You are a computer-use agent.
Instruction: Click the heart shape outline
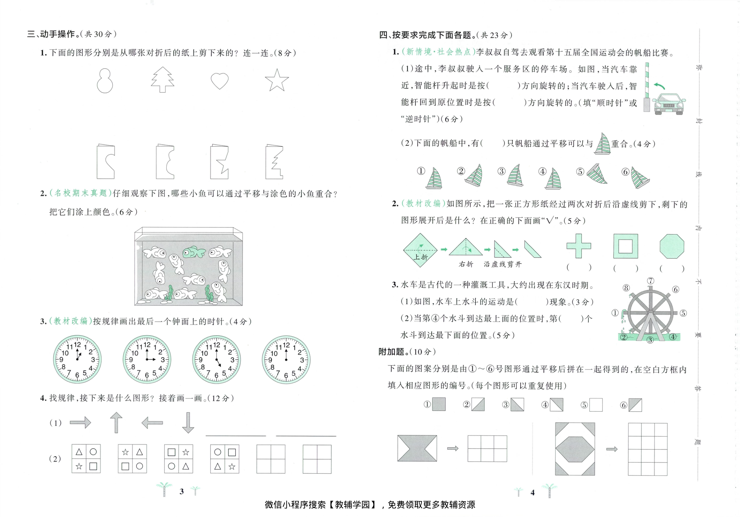point(219,81)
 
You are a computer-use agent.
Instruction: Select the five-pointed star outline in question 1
point(276,81)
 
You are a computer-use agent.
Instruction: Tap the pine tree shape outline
point(163,80)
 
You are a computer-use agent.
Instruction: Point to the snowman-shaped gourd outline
point(105,81)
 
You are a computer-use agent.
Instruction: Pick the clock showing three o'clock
point(147,359)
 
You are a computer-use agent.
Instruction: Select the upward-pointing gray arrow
point(116,422)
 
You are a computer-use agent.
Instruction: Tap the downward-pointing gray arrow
point(188,422)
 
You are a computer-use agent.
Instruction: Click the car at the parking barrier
point(668,104)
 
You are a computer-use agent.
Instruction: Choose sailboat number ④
point(553,179)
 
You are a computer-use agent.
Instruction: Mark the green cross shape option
point(578,246)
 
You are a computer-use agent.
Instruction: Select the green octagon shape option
point(672,246)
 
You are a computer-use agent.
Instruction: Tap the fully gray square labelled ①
point(439,404)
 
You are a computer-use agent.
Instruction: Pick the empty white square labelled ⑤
point(596,405)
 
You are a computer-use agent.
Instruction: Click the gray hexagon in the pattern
point(575,449)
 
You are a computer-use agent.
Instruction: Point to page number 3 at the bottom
point(182,491)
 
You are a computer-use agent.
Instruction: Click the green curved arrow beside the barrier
point(659,86)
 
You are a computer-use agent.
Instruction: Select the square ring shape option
point(625,246)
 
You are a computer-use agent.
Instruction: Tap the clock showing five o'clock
point(216,359)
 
